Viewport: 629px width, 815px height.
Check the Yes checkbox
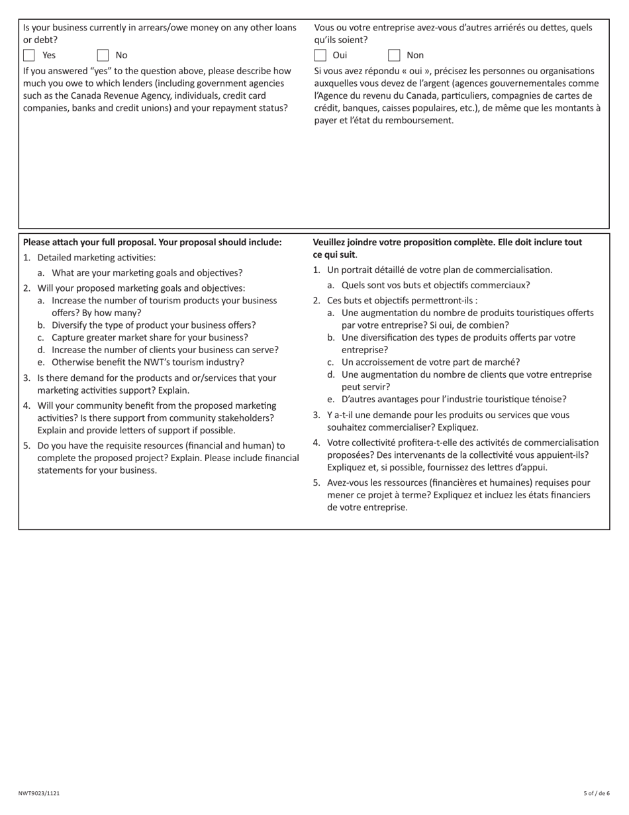[29, 55]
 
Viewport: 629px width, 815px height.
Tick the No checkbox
[103, 55]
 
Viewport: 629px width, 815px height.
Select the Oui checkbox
[320, 55]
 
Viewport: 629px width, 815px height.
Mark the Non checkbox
[394, 55]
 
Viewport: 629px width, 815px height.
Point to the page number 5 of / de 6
[597, 792]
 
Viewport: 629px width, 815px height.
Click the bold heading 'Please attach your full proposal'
[152, 243]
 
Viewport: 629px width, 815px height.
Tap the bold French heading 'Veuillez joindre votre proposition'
[447, 243]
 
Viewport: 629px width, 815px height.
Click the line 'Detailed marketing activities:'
[96, 258]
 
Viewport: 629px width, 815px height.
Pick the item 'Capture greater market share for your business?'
[150, 337]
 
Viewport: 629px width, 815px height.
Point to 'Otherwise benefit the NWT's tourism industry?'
[148, 362]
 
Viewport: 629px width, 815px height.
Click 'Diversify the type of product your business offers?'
[154, 325]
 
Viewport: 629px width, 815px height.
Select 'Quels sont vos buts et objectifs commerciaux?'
[436, 286]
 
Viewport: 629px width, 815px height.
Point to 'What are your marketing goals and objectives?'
[147, 273]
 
